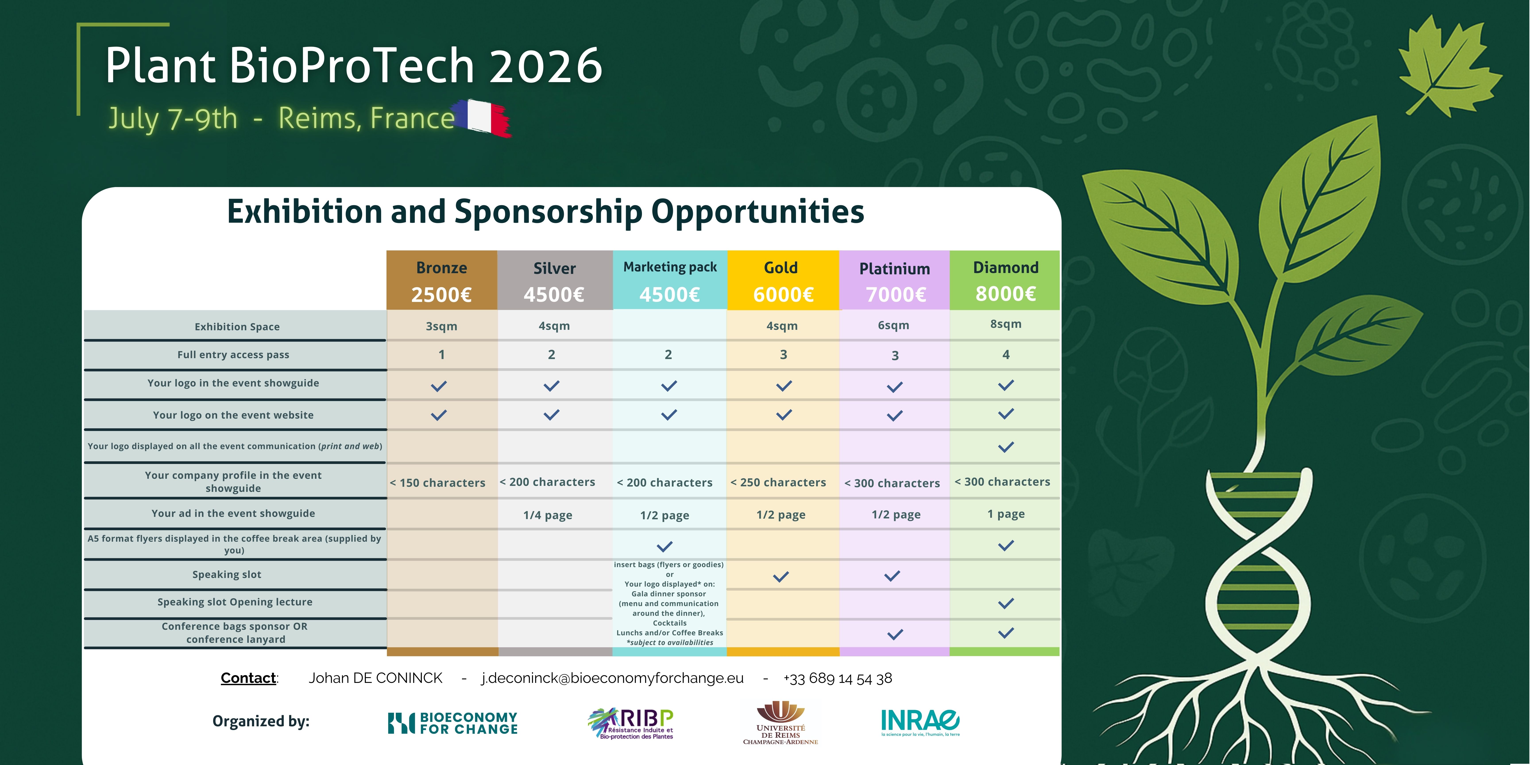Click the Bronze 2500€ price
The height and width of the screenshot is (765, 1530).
tap(441, 295)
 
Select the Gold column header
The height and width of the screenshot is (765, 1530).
tap(781, 268)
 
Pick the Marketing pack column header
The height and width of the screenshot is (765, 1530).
tap(670, 267)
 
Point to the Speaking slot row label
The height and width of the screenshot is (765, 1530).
tap(227, 574)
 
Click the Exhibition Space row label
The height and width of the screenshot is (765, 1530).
tap(237, 327)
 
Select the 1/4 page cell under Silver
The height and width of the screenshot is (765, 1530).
tap(548, 515)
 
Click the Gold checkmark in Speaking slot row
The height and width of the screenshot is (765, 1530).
tap(781, 576)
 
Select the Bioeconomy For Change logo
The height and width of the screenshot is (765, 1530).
tap(453, 723)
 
